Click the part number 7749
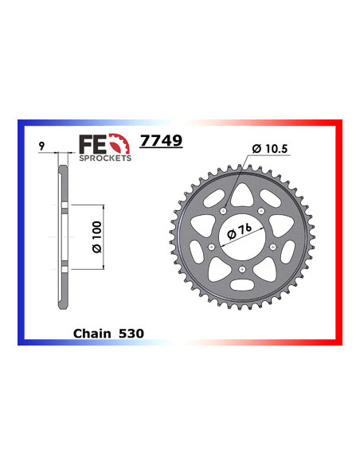(161, 141)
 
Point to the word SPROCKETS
(105, 158)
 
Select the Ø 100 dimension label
(94, 237)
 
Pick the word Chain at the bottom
(90, 333)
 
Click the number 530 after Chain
(131, 333)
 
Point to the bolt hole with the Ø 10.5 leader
(225, 210)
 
